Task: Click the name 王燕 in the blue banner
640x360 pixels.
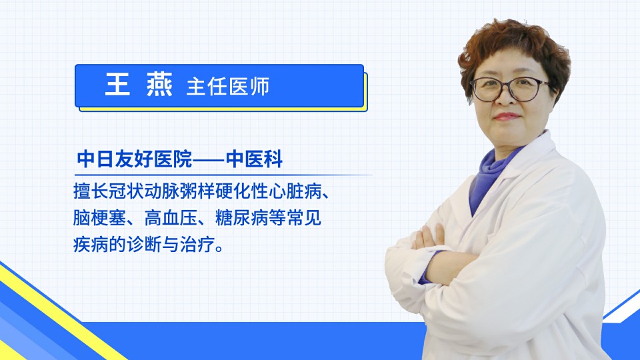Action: tap(139, 85)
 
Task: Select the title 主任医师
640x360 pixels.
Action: tap(228, 87)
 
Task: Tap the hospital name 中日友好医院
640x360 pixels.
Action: tap(134, 159)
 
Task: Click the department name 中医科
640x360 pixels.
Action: tap(254, 159)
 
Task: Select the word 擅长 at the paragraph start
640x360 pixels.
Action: tap(91, 191)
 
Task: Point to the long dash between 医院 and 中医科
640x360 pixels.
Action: tap(209, 159)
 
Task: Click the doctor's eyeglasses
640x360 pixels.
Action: tap(510, 89)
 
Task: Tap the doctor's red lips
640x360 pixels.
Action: tap(507, 117)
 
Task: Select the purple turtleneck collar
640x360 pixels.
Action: tap(492, 175)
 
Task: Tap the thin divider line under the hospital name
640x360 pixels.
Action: tap(223, 175)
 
